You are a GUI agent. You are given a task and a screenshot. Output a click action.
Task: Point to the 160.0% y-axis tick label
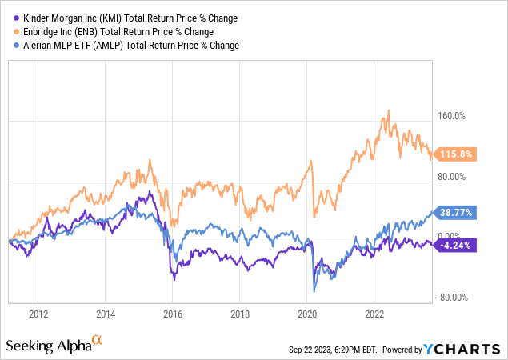tap(450, 116)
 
